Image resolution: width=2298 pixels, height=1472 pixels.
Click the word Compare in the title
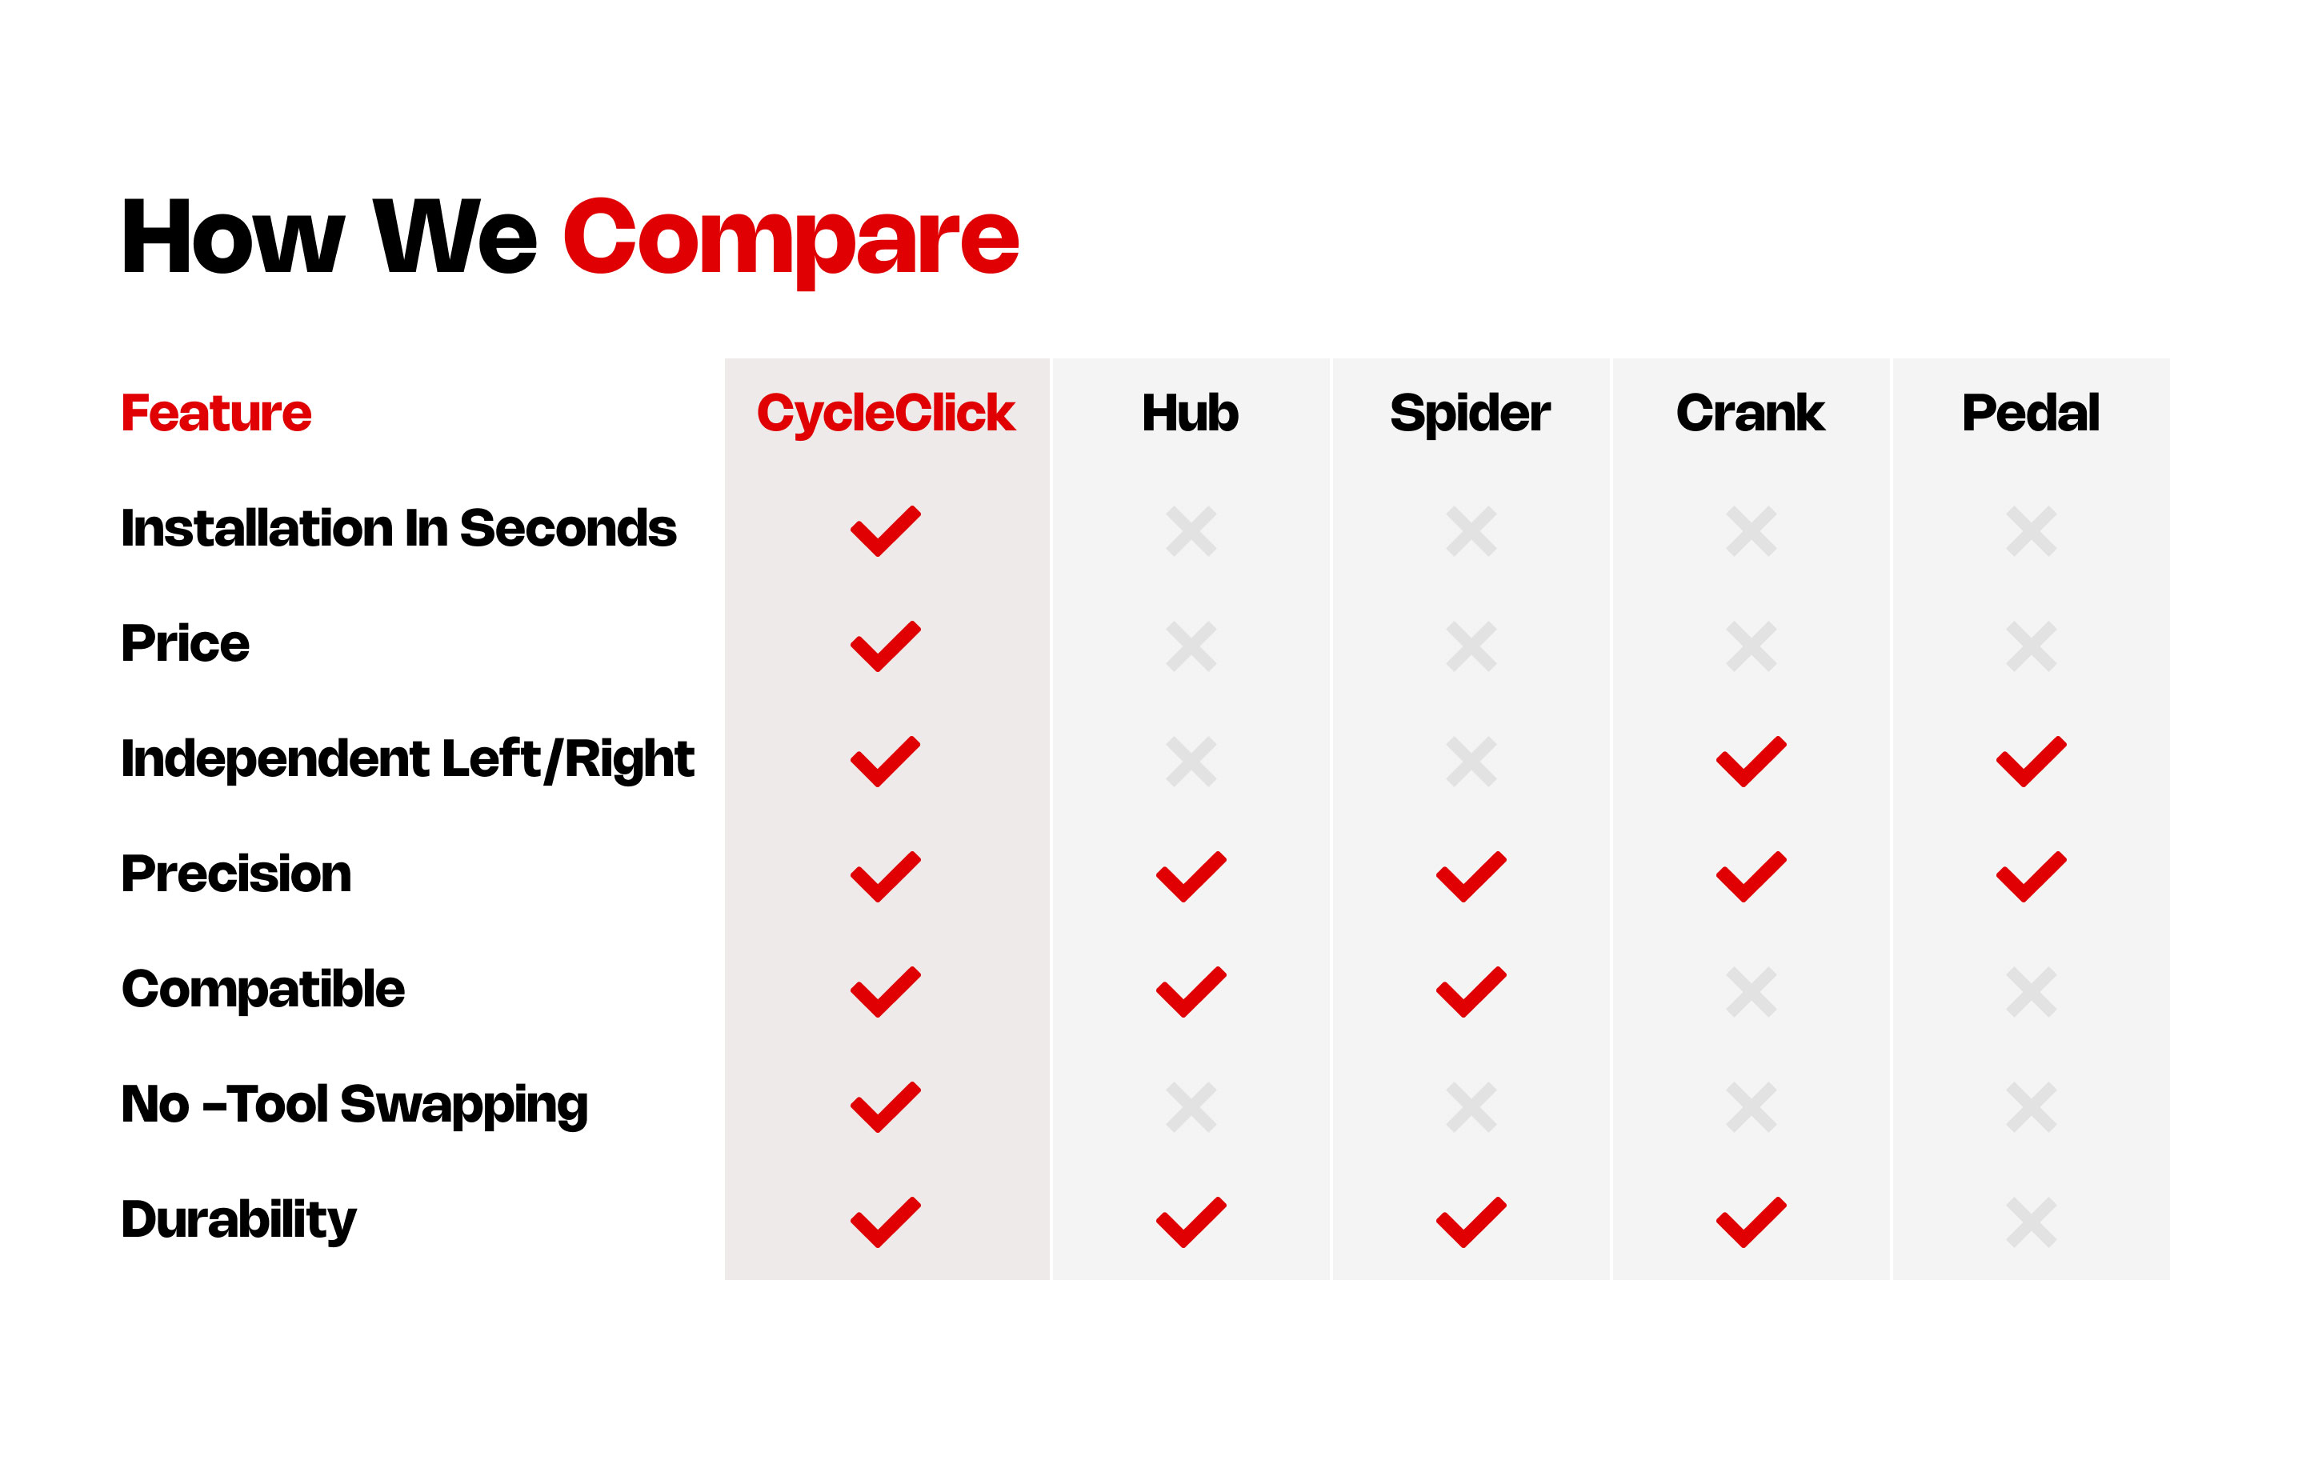[x=791, y=239]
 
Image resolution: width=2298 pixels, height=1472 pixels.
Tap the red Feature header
[x=216, y=413]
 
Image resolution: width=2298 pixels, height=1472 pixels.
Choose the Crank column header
[x=1750, y=413]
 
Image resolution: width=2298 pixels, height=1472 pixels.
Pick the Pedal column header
[x=2030, y=413]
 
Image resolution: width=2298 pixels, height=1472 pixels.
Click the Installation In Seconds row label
[x=398, y=529]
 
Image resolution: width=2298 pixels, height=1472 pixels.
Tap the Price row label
[x=186, y=643]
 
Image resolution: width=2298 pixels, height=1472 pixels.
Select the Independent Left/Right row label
[x=407, y=760]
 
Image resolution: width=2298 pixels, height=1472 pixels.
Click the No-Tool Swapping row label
[x=354, y=1105]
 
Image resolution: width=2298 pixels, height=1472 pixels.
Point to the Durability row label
[x=239, y=1221]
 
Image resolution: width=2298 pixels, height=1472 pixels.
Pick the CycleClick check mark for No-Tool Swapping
[x=885, y=1107]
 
